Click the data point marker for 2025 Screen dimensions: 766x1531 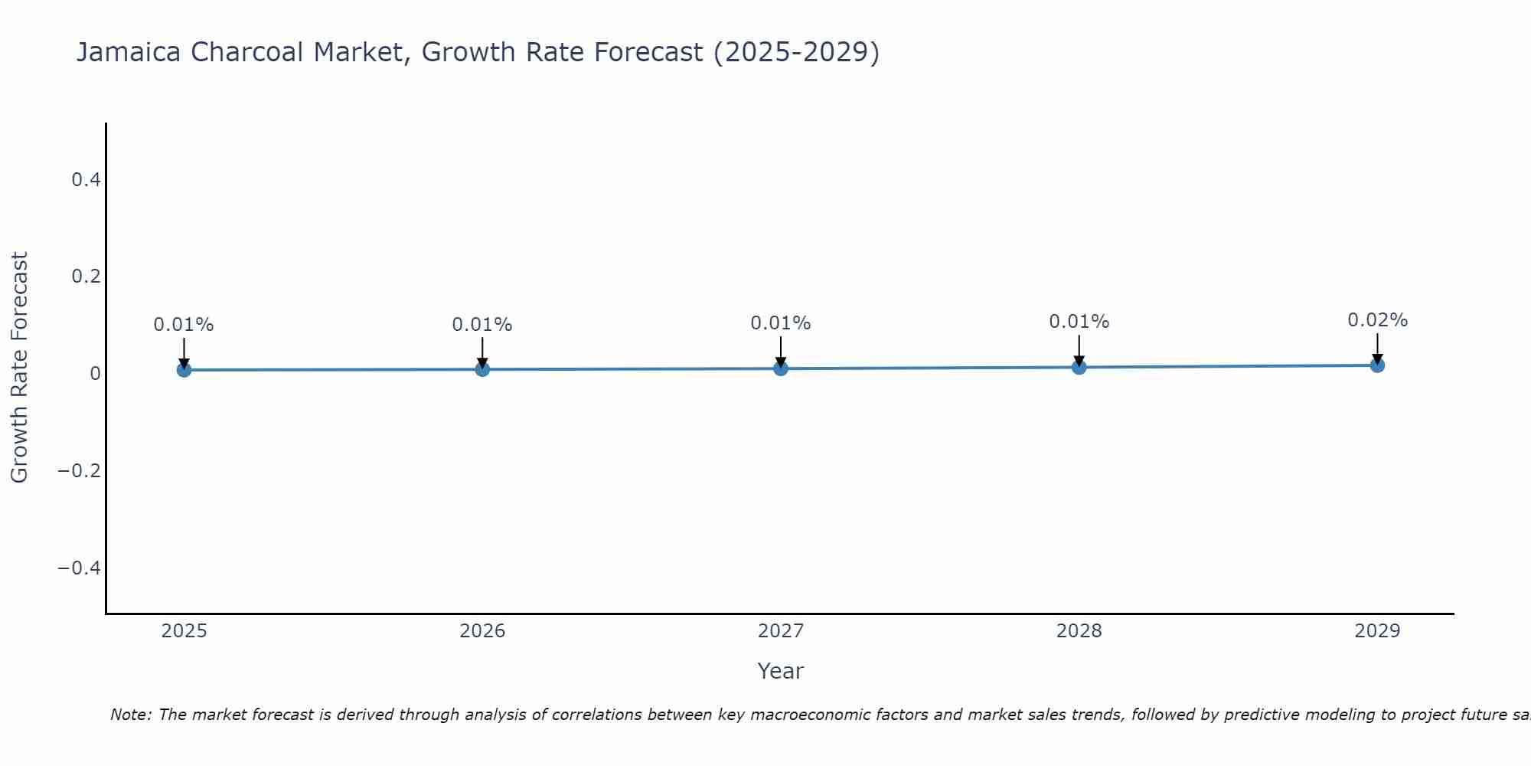[x=184, y=370]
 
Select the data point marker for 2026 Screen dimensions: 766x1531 [x=482, y=369]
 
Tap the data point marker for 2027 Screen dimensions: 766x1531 [x=781, y=368]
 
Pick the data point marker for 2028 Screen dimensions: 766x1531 [x=1079, y=367]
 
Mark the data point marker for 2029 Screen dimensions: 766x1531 [x=1377, y=365]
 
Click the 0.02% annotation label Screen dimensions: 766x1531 [x=1377, y=320]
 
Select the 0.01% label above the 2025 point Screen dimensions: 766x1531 [x=184, y=325]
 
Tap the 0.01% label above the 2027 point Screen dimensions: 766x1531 [x=781, y=323]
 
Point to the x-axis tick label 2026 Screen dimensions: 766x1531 [x=482, y=631]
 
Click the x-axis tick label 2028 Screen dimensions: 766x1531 [x=1079, y=631]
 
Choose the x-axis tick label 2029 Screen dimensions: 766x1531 [x=1377, y=631]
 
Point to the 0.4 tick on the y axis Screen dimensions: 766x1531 [x=86, y=180]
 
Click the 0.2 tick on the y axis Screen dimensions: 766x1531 [x=86, y=277]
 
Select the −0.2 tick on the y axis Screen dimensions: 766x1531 [x=80, y=470]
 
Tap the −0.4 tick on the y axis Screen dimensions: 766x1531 [x=80, y=568]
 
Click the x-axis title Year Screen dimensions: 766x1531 [x=780, y=671]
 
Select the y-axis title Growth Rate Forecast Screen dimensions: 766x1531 [x=19, y=367]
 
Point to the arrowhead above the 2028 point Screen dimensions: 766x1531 [x=1079, y=361]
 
